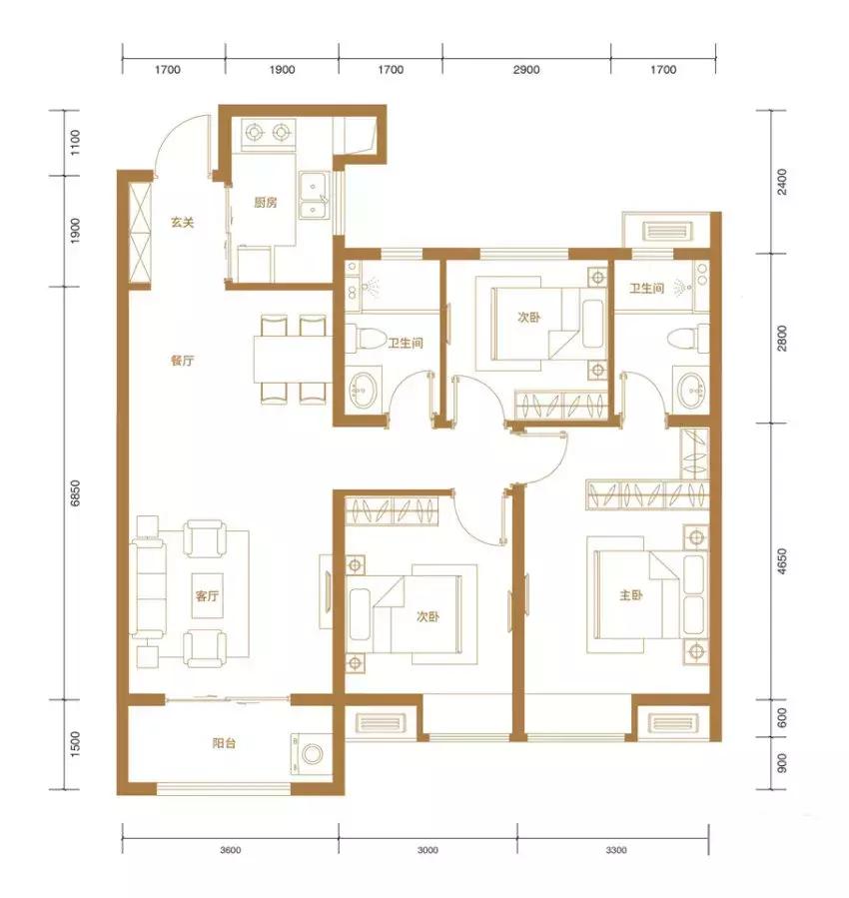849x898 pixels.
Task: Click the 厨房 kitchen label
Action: [265, 202]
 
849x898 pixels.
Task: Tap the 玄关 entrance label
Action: [183, 222]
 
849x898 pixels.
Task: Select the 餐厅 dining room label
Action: [183, 361]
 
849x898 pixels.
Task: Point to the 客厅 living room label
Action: [207, 595]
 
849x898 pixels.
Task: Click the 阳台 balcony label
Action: [224, 743]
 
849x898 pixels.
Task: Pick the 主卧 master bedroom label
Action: [631, 595]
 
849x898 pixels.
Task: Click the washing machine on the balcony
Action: [312, 754]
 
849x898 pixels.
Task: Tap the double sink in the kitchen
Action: [314, 196]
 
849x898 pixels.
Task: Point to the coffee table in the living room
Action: [207, 595]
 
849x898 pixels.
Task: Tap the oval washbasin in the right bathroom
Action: [691, 390]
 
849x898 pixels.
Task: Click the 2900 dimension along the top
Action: [526, 69]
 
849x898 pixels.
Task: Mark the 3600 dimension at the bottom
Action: [230, 850]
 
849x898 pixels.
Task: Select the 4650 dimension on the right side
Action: [781, 561]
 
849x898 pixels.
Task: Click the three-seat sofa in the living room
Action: [148, 589]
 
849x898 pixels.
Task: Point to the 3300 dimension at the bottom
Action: [616, 850]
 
